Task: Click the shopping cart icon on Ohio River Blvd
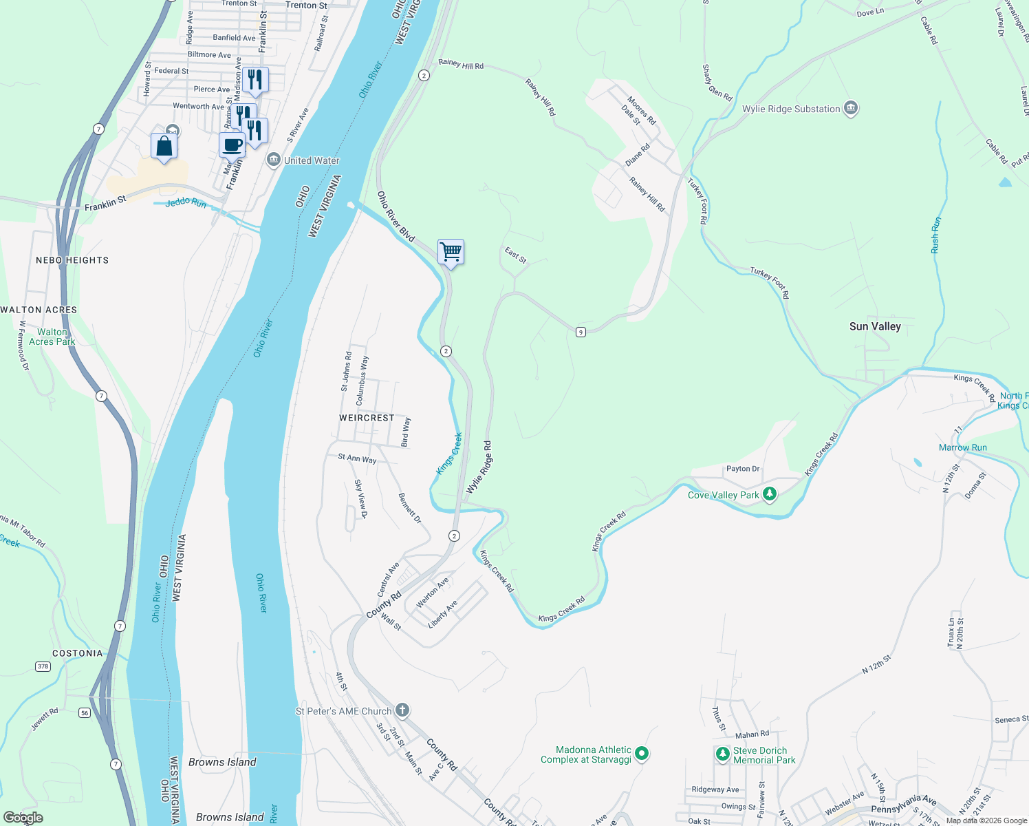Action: pos(451,252)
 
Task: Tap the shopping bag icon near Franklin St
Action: pos(164,146)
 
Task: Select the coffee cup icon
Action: pos(232,145)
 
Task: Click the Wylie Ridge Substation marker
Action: pos(851,108)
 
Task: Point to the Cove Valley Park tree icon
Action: pos(770,494)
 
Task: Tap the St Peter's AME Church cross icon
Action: pos(402,710)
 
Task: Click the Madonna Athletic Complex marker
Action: pos(642,754)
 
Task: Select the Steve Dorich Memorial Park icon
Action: pos(722,754)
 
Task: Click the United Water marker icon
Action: pos(274,160)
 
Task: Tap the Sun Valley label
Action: pos(875,326)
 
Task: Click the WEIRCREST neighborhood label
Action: pos(367,418)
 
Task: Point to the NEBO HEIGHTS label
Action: pos(72,260)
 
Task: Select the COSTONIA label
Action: pos(78,653)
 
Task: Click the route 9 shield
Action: pos(581,332)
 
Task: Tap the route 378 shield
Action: pos(43,666)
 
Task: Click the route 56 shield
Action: pos(85,712)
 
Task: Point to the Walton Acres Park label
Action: pos(52,337)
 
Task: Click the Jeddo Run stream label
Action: pos(186,202)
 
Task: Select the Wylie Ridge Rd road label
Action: pos(479,467)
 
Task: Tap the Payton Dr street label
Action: pos(743,469)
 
